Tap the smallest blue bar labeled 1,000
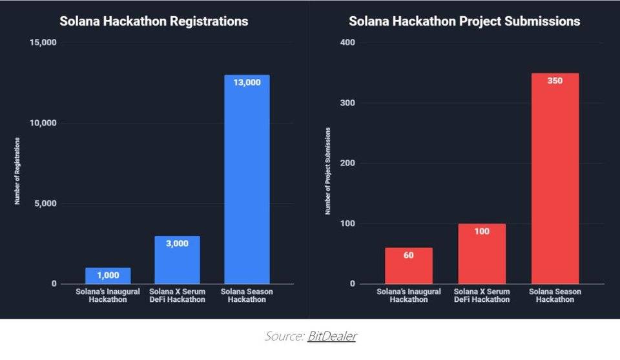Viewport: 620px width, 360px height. coord(108,276)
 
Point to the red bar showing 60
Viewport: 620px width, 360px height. coord(409,266)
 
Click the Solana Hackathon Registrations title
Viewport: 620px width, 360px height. coord(154,21)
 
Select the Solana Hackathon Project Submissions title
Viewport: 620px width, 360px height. coord(464,21)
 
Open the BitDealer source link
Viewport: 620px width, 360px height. coord(331,336)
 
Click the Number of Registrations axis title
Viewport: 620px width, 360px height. coord(17,171)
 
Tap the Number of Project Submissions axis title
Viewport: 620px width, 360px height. coord(328,171)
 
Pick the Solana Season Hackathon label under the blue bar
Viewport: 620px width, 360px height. coord(247,295)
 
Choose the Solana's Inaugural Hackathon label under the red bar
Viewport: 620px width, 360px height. coord(409,295)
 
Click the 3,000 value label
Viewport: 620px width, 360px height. coord(177,244)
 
